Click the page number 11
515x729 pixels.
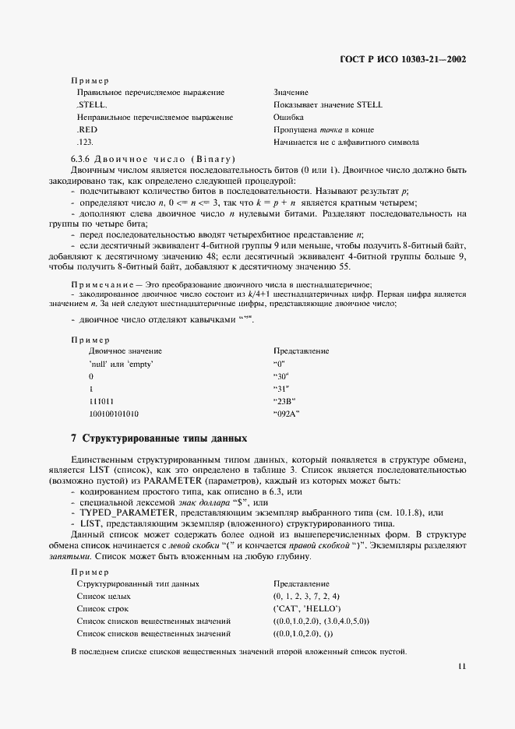[x=462, y=667]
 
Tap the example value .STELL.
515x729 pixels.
[x=92, y=104]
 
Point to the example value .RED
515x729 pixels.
[x=86, y=129]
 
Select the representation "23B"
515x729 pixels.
[x=285, y=400]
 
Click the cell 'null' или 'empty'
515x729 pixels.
[x=121, y=363]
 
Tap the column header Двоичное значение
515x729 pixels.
[x=125, y=350]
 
